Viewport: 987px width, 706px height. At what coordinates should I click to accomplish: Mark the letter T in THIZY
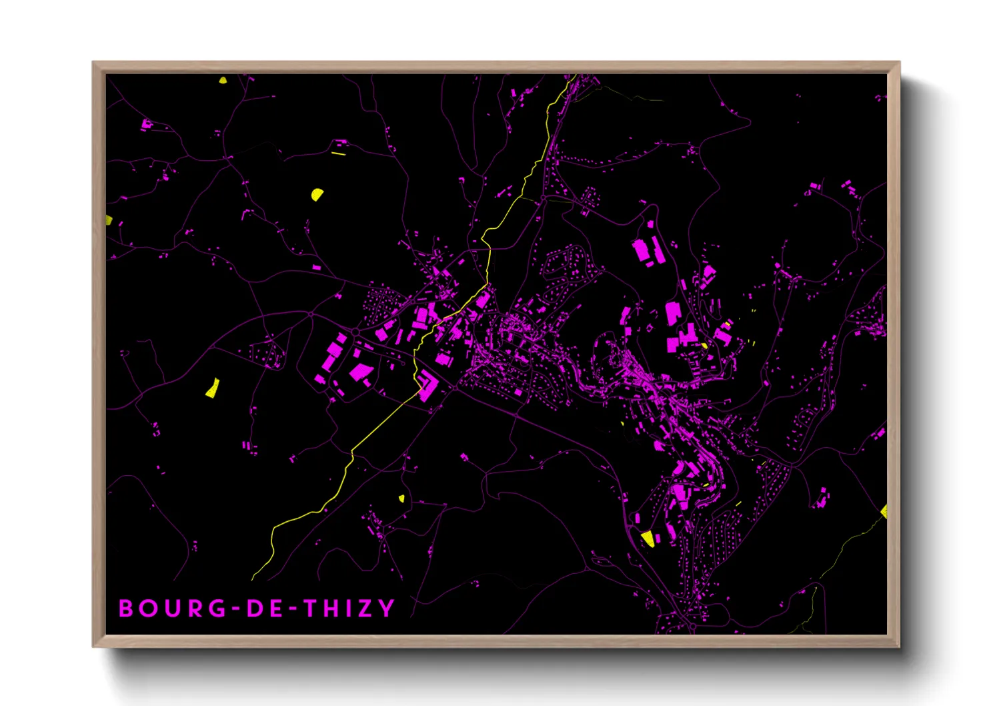310,609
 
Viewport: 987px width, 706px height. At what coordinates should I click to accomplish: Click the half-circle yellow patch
317,195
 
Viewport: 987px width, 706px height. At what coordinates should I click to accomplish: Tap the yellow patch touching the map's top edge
223,80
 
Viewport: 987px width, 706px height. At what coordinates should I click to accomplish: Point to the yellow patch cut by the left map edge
109,220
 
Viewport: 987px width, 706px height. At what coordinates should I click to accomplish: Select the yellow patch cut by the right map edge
884,511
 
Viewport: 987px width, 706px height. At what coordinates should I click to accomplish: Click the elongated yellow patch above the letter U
212,388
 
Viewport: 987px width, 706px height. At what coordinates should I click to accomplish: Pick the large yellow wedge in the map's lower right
647,538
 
